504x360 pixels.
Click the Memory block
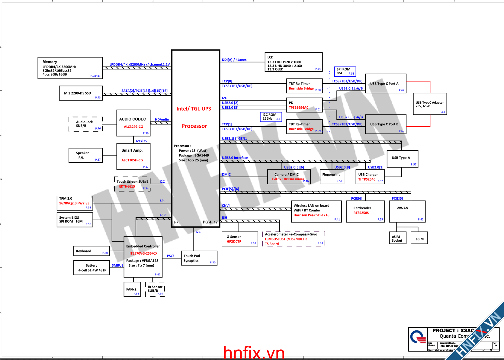tap(70, 68)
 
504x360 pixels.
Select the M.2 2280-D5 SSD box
tap(81, 93)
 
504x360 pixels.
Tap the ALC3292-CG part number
tap(133, 127)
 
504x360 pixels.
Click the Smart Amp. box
tap(133, 156)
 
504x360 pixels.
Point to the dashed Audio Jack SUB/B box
tap(85, 124)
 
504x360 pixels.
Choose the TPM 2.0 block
tap(75, 203)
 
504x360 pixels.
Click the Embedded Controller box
tap(143, 257)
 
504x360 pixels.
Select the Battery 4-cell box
tap(91, 268)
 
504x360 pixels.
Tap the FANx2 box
tap(132, 289)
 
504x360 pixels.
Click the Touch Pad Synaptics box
tap(199, 258)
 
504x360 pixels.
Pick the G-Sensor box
tap(240, 239)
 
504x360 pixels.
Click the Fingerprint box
tap(332, 177)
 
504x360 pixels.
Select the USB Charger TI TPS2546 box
tap(370, 177)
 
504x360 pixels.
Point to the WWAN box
tap(407, 211)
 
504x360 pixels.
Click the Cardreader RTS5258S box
tap(365, 211)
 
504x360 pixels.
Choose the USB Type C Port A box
tap(386, 84)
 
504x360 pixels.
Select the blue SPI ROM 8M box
tap(345, 71)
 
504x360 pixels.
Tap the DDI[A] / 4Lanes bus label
tap(234, 60)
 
